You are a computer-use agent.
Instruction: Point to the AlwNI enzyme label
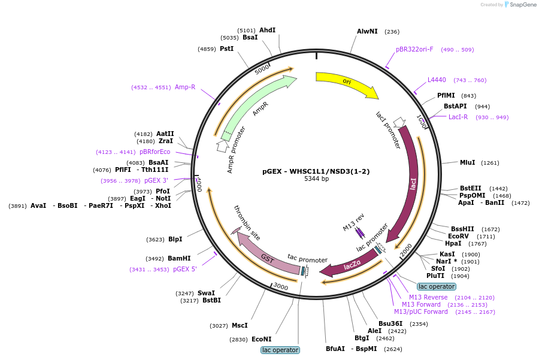tap(367, 31)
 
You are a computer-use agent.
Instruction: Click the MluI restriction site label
tap(468, 163)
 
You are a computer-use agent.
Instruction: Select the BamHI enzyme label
tap(179, 258)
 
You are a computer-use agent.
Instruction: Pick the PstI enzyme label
tap(226, 49)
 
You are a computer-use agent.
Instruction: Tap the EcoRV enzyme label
tap(458, 236)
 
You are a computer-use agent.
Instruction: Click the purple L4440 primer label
tap(437, 80)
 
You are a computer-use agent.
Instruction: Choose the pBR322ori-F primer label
tap(414, 50)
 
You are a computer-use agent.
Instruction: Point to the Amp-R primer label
tap(185, 87)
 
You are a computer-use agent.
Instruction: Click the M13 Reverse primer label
tap(428, 298)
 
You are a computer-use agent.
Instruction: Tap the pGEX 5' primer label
tap(185, 269)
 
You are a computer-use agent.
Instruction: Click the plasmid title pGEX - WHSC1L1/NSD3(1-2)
tap(316, 171)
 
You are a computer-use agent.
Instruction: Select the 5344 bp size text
tap(316, 179)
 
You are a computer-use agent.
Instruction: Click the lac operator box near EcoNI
tap(280, 350)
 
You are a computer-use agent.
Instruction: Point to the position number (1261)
tap(490, 163)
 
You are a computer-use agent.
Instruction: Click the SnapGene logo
tap(520, 5)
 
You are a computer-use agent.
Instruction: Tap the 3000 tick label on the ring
tap(280, 286)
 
